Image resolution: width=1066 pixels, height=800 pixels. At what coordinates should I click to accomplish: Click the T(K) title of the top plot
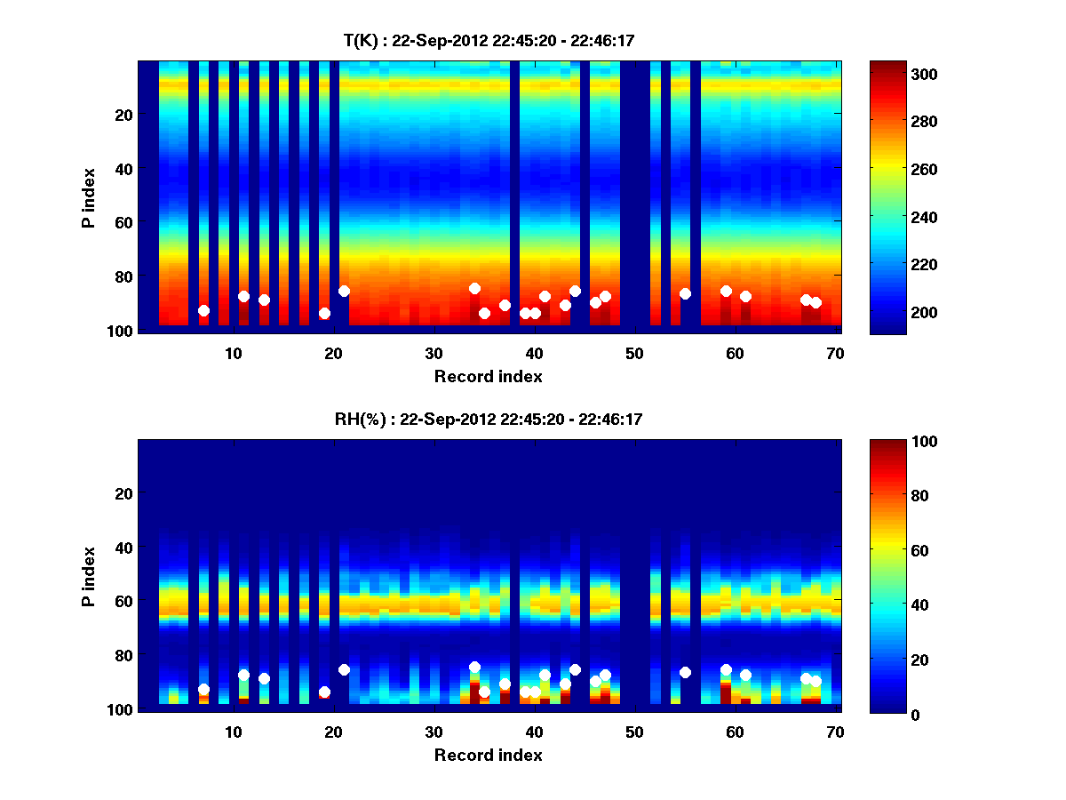(x=488, y=40)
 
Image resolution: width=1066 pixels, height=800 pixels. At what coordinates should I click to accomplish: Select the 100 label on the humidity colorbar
(x=892, y=442)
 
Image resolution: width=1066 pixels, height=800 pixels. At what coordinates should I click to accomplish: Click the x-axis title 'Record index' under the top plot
(x=488, y=376)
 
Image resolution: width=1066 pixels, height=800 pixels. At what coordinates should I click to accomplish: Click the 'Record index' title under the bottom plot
(x=488, y=755)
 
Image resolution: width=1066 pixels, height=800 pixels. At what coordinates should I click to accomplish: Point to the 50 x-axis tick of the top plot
(x=634, y=353)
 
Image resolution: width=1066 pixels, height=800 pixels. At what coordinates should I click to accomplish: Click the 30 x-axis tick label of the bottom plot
(x=434, y=732)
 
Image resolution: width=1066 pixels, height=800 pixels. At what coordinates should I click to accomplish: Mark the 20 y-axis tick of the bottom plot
(x=123, y=493)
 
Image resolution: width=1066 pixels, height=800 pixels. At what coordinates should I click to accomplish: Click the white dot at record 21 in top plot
(x=344, y=291)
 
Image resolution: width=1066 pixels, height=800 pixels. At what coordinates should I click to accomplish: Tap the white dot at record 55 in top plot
(x=685, y=293)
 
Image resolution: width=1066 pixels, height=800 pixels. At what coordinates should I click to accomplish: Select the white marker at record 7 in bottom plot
(x=203, y=689)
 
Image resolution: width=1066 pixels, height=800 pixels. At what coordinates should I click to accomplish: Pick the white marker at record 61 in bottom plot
(x=745, y=675)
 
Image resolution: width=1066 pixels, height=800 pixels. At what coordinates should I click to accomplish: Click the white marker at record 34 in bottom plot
(x=474, y=667)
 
